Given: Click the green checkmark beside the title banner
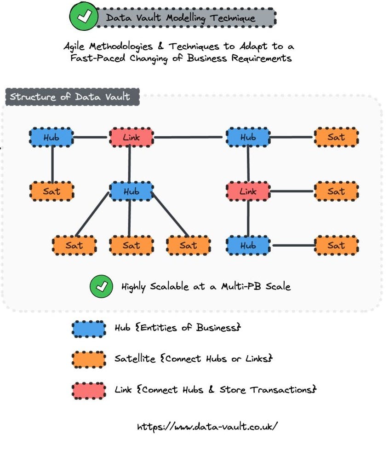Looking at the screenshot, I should click(83, 17).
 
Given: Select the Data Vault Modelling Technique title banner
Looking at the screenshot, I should click(187, 18).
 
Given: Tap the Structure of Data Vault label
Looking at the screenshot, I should click(70, 97).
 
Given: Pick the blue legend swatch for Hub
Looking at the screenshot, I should click(89, 328).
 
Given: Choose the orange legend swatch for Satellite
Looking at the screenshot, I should click(89, 359).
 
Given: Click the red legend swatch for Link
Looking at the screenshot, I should click(89, 390).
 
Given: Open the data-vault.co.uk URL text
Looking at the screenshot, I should click(207, 426).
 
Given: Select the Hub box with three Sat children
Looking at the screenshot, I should click(131, 191).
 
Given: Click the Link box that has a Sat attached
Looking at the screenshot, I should click(248, 191).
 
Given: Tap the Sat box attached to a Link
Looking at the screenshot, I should click(336, 191).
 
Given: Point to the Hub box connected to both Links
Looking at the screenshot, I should click(248, 137).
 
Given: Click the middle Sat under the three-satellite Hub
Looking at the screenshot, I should click(131, 245).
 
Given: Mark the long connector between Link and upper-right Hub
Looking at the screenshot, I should click(189, 137).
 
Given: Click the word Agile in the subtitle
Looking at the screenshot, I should click(77, 46).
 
